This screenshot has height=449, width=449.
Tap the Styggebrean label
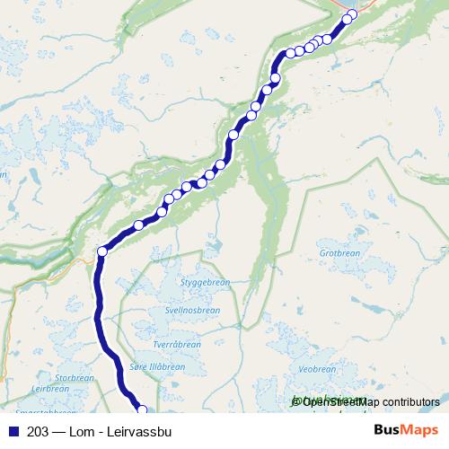pyautogui.click(x=205, y=282)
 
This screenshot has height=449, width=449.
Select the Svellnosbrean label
pyautogui.click(x=192, y=310)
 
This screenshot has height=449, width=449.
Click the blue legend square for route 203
pyautogui.click(x=13, y=431)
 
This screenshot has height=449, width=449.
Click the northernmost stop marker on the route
pyautogui.click(x=348, y=19)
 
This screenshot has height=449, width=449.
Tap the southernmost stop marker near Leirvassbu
pyautogui.click(x=141, y=410)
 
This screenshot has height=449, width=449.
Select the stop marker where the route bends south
pyautogui.click(x=101, y=252)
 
